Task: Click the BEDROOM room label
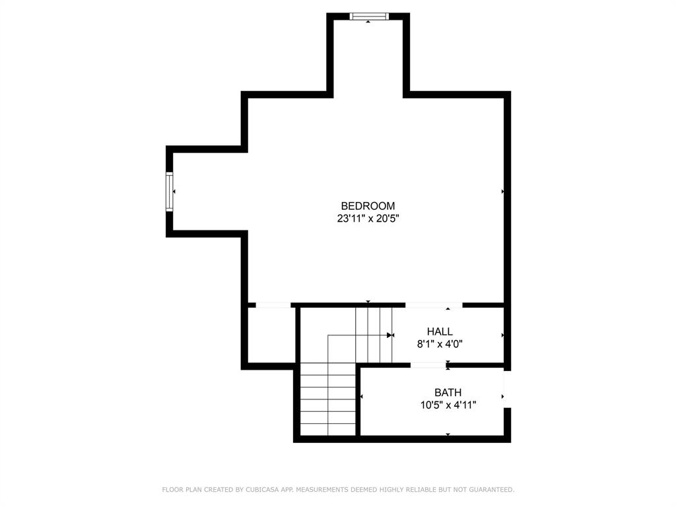point(368,206)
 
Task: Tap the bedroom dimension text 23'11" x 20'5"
point(368,219)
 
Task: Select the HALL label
point(440,331)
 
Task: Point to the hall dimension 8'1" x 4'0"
point(440,344)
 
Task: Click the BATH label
point(448,393)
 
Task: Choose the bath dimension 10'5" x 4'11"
point(448,405)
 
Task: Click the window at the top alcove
point(368,17)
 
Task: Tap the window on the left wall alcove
point(170,191)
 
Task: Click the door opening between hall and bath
point(428,364)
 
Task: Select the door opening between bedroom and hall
point(433,305)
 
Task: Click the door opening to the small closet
point(273,305)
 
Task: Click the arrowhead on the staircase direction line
point(389,335)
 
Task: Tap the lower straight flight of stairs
point(328,404)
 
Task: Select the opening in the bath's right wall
point(507,389)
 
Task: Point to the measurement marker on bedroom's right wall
point(503,191)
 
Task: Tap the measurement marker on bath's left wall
point(362,396)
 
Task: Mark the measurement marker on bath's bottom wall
point(448,434)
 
